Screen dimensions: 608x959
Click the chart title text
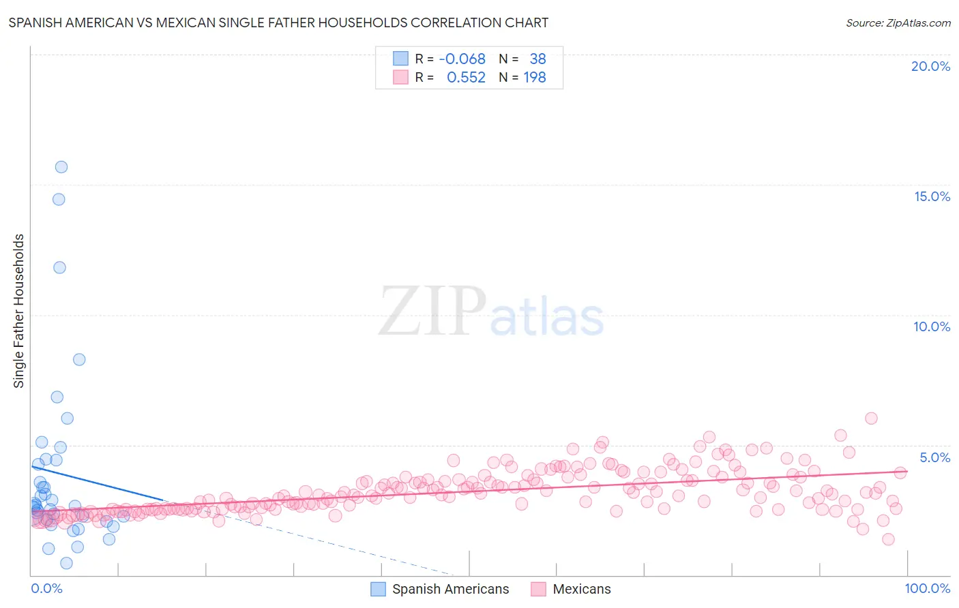pos(278,22)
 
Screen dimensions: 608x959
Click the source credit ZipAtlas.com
pos(898,22)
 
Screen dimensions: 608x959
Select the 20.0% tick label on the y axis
pos(930,66)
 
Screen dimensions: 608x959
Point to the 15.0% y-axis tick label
pos(932,196)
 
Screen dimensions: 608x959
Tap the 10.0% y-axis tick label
pos(932,326)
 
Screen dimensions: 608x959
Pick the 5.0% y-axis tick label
pos(934,457)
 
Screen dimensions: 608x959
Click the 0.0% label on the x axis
pos(46,588)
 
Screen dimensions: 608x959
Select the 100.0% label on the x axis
pos(927,588)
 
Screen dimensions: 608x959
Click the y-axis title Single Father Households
pos(19,311)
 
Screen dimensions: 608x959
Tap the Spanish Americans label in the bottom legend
pos(450,589)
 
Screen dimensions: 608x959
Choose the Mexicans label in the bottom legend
pos(581,589)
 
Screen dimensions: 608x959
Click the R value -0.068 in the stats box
pos(462,59)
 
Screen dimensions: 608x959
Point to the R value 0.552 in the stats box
pos(466,78)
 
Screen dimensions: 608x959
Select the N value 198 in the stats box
pos(535,78)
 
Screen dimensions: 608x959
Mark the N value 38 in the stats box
pos(537,59)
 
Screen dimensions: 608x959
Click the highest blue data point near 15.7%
pos(61,167)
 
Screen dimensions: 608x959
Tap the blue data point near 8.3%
pos(79,360)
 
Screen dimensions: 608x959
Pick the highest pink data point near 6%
pos(871,419)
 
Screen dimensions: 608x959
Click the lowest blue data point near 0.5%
pos(66,563)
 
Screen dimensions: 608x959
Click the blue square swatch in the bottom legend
pos(378,589)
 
